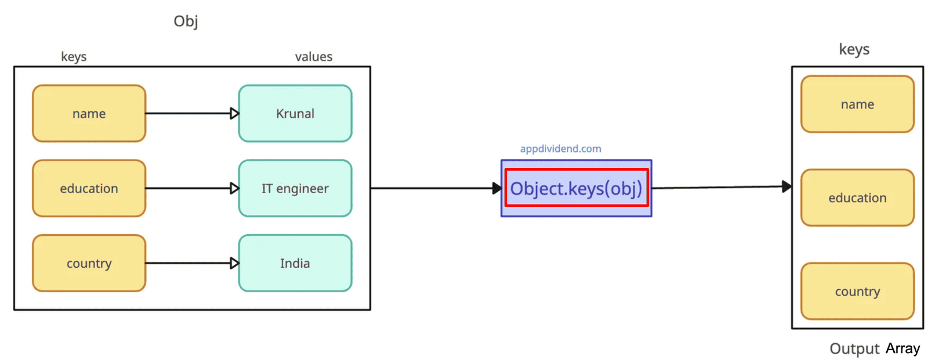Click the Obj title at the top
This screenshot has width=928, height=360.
[186, 21]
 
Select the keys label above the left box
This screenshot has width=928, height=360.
[74, 57]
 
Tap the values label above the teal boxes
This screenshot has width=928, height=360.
[313, 57]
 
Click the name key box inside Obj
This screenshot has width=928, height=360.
[89, 114]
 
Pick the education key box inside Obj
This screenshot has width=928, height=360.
[89, 188]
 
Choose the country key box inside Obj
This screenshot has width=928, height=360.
[89, 263]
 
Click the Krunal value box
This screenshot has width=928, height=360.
[295, 114]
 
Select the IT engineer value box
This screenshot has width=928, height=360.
[295, 188]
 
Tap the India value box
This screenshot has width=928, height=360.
[295, 263]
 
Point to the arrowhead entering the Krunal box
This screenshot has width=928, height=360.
[234, 114]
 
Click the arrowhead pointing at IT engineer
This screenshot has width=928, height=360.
[234, 188]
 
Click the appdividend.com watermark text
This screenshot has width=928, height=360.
[560, 149]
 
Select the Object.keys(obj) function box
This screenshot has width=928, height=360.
[576, 188]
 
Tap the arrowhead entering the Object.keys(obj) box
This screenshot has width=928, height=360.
[496, 188]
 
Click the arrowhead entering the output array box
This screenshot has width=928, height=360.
[786, 187]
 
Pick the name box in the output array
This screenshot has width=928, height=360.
[857, 104]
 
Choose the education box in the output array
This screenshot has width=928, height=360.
[857, 198]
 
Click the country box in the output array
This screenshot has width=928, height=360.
[857, 292]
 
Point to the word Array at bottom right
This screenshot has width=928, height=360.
[902, 348]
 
